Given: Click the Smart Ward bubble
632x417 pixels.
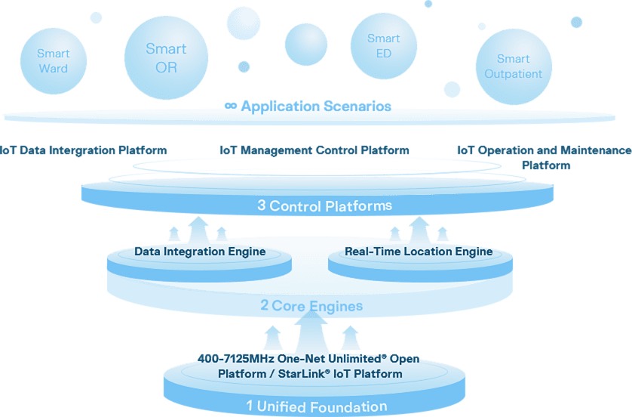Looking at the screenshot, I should (53, 61).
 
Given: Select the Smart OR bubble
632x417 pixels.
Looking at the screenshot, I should (166, 57).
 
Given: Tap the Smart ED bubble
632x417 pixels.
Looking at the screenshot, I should (383, 46).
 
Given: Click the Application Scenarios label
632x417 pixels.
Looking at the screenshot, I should (308, 106).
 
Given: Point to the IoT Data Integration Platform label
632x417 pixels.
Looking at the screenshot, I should (84, 150).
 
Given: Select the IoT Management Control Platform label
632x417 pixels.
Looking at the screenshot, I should (314, 150).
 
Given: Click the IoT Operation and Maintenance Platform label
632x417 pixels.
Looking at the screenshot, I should (545, 156).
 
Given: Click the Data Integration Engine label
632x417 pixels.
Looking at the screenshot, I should (199, 252).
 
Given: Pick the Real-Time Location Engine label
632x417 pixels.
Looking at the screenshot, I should (419, 252).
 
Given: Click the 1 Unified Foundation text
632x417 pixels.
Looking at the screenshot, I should (316, 406).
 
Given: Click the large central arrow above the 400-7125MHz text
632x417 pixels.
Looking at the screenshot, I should (310, 329).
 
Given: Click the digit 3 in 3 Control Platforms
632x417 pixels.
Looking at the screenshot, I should (261, 205).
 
